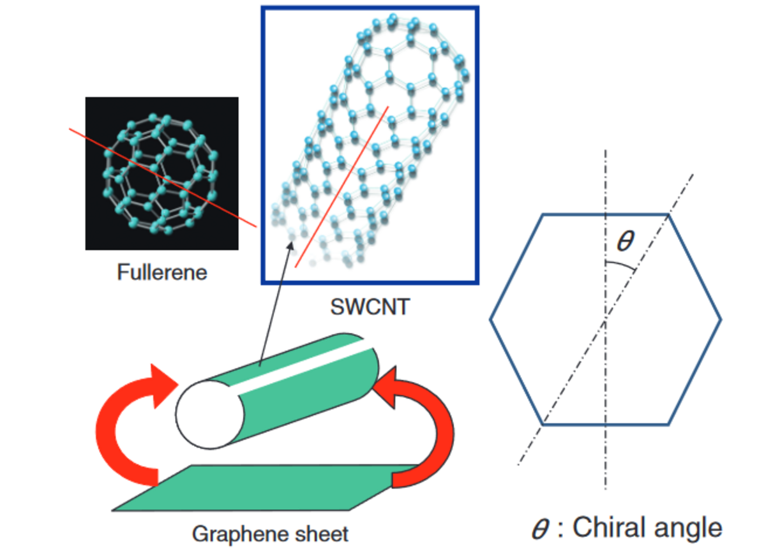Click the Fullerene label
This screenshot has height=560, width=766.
tap(162, 272)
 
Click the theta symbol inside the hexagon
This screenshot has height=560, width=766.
tap(626, 241)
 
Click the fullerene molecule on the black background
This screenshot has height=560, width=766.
tap(161, 172)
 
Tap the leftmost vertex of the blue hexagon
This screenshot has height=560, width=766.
tap(491, 319)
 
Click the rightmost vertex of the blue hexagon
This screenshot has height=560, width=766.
tap(721, 319)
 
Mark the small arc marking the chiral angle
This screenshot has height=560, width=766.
tap(620, 265)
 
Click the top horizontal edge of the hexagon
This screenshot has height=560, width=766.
tap(605, 214)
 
